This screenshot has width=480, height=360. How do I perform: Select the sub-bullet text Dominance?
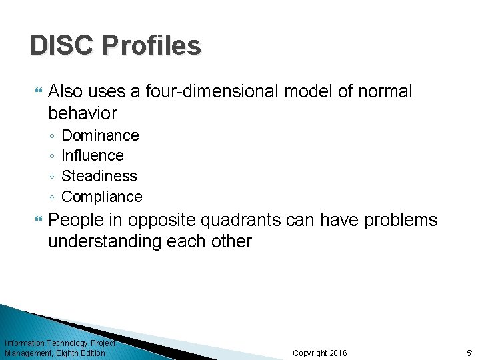100,135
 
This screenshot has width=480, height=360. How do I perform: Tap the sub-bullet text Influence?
92,155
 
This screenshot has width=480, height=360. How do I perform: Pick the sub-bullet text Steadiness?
99,176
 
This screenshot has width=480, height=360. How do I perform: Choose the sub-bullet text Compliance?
101,197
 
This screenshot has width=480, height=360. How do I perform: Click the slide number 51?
470,353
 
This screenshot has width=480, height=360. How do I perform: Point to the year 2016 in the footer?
338,353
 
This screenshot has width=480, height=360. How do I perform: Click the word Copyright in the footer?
310,353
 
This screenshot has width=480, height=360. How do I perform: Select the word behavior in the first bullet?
82,113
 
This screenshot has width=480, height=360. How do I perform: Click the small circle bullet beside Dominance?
52,136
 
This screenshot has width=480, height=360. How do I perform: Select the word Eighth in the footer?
69,353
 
